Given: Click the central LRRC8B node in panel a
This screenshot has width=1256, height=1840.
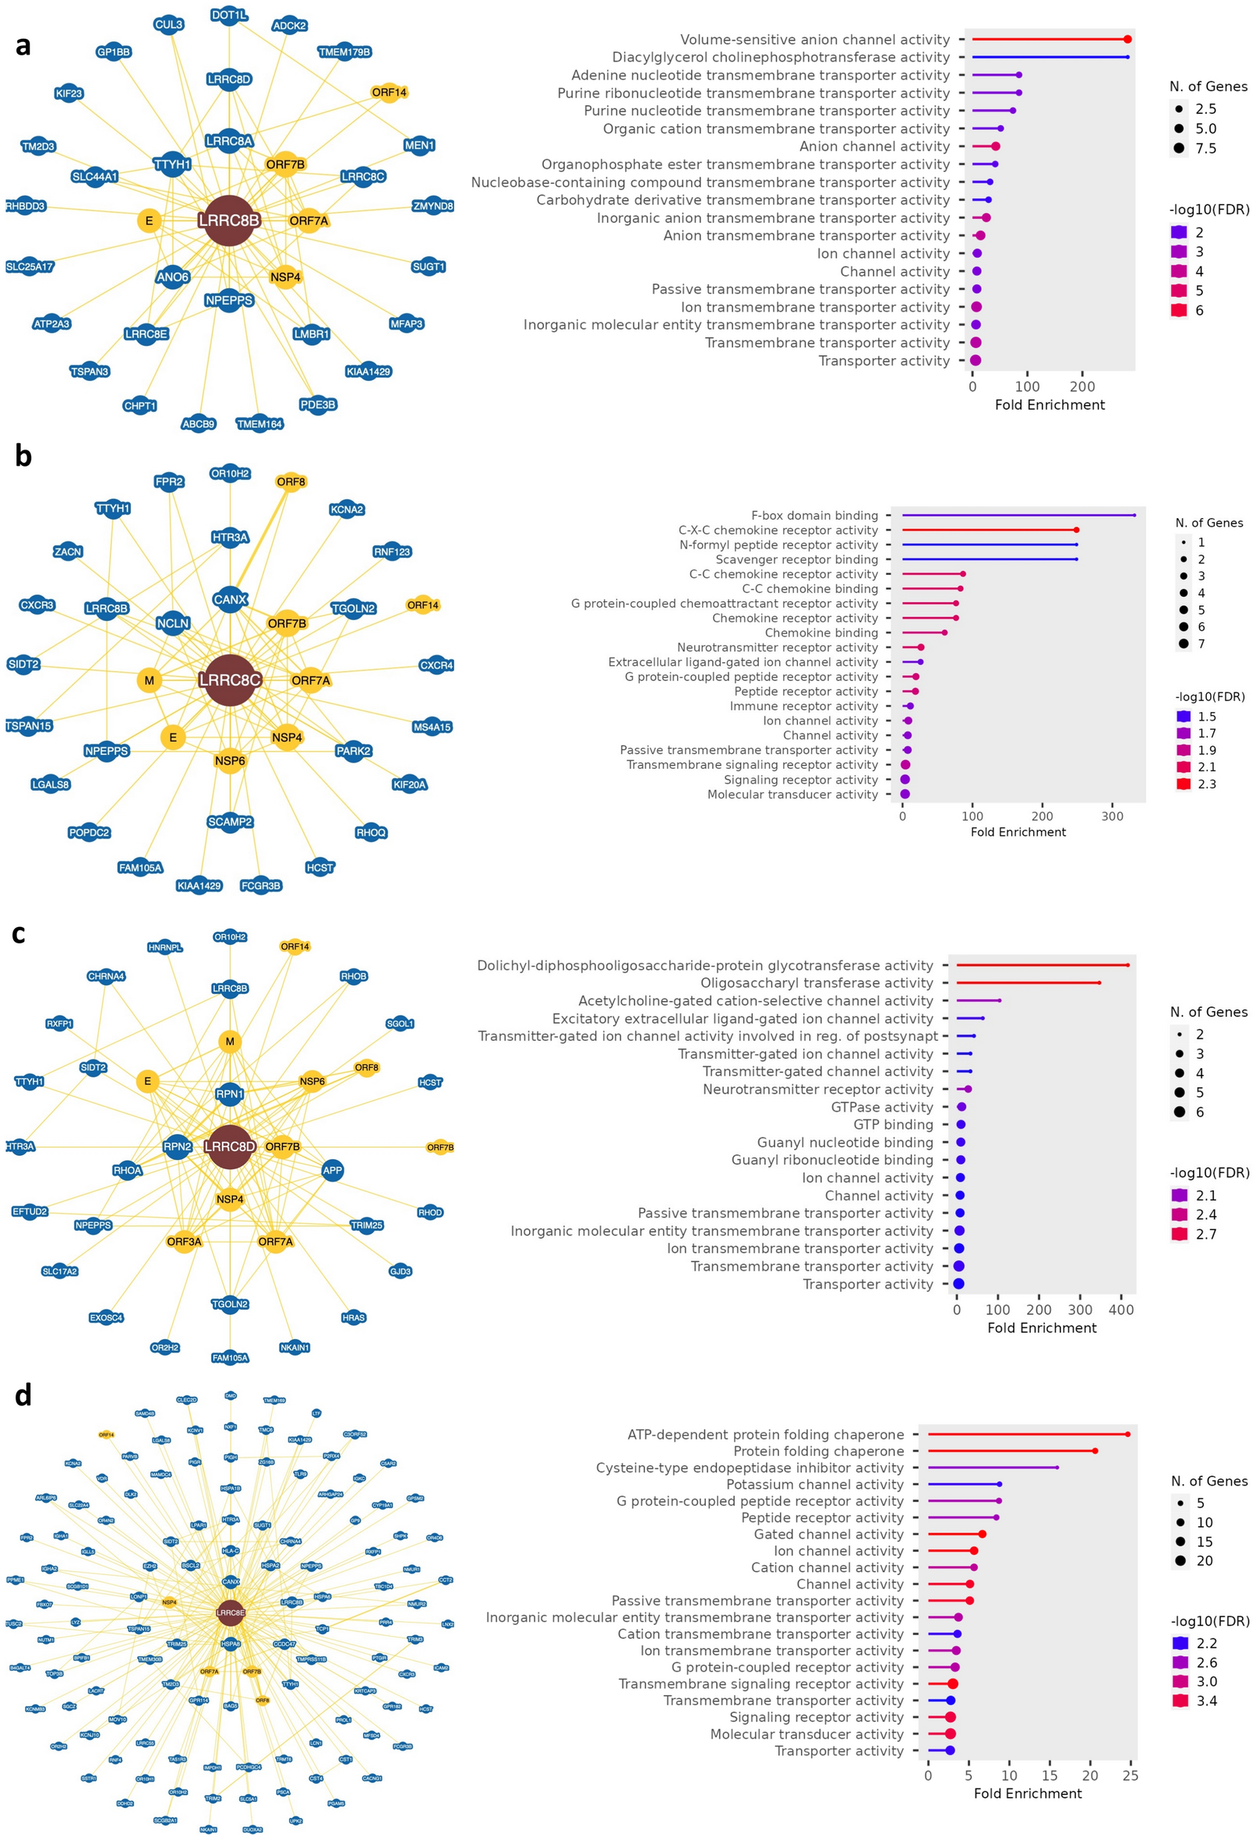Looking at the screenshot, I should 229,221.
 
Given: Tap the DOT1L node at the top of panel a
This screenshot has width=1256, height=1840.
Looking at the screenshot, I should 229,15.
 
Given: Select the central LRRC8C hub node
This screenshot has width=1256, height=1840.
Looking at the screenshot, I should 230,679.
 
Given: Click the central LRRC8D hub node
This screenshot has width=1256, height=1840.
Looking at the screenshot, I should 230,1147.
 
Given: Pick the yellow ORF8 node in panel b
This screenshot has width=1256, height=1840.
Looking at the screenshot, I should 291,481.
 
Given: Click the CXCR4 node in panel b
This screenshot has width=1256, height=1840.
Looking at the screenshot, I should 436,665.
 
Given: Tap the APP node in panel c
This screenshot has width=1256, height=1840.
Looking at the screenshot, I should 333,1170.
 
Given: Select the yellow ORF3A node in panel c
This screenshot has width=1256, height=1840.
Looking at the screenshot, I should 184,1242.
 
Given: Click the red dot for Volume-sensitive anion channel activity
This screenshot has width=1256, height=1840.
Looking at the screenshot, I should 1127,40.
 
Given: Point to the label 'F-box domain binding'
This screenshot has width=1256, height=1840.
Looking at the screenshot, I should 814,516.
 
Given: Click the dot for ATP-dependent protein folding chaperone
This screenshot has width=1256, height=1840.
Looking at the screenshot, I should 1127,1434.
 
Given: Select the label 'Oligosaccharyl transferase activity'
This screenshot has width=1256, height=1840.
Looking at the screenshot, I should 817,982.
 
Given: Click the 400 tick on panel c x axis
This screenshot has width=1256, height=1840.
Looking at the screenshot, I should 1120,1310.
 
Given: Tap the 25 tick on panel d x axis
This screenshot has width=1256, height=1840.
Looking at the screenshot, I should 1130,1776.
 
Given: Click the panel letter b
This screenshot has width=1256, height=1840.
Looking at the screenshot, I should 23,456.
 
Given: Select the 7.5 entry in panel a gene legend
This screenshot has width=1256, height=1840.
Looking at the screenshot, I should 1205,148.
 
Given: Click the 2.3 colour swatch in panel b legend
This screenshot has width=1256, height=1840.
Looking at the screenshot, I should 1183,784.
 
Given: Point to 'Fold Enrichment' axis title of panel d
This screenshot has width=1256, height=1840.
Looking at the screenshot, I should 1027,1793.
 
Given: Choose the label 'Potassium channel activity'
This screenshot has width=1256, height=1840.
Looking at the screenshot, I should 814,1485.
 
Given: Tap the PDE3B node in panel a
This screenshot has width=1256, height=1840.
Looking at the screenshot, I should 318,404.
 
